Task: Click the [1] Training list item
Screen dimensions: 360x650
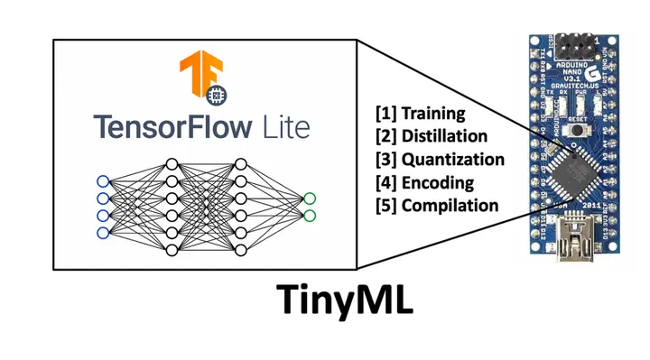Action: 421,115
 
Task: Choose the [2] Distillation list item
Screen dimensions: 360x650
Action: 432,137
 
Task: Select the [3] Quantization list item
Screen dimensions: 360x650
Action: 440,160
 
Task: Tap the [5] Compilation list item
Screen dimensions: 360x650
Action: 437,205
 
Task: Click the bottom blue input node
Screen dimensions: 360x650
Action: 103,233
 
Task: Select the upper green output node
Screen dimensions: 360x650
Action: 310,198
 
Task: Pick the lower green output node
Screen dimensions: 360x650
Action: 310,216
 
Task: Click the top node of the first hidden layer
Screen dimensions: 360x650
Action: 172,164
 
